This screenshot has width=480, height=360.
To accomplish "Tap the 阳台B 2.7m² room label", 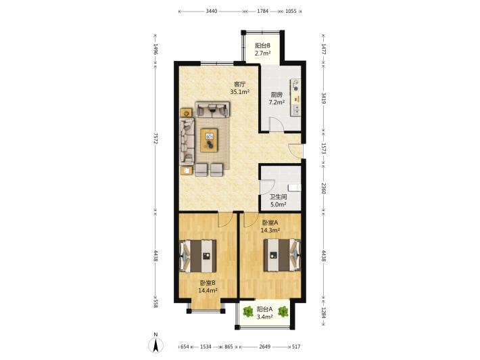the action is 263,49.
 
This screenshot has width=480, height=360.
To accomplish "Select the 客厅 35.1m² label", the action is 240,87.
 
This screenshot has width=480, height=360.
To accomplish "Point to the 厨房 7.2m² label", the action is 277,98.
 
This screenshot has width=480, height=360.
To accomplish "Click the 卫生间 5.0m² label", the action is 278,201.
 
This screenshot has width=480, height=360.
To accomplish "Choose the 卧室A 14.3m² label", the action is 270,226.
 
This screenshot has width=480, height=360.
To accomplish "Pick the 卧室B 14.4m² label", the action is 208,286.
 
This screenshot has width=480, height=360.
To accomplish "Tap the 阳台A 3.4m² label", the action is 264,313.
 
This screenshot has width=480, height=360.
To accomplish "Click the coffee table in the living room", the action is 209,140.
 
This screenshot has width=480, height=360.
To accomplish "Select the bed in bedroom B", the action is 198,256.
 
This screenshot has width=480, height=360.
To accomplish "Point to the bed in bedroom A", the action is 282,255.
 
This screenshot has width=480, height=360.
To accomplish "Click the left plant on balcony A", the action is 247,312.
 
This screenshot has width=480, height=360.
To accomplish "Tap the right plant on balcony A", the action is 283,312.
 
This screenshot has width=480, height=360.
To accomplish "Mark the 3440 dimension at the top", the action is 212,12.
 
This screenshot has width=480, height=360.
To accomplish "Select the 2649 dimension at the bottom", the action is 265,347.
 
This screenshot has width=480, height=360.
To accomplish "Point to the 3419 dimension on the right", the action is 324,97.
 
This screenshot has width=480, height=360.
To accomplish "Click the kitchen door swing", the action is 274,125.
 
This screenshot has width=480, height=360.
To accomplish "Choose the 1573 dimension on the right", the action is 324,148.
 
